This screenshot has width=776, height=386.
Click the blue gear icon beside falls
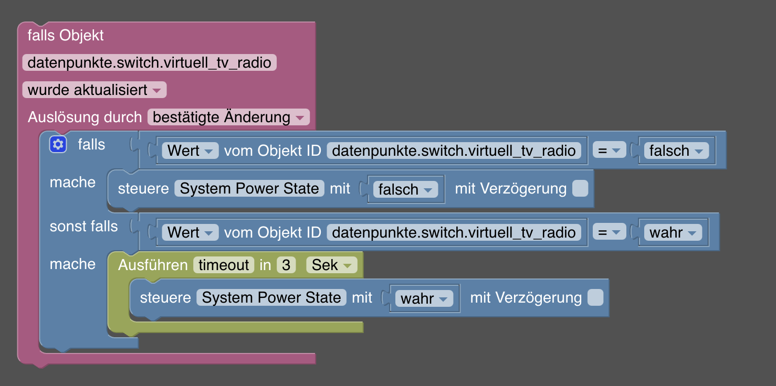[58, 145]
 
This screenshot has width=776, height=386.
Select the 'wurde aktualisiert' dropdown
[95, 90]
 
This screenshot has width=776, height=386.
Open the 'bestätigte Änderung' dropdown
[228, 117]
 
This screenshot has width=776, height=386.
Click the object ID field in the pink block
[149, 63]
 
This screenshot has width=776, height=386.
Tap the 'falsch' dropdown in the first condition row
[676, 151]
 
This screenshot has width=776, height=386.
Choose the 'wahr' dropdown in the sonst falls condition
[673, 232]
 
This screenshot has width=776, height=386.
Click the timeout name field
[224, 265]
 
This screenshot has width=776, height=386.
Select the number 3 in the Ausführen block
[286, 265]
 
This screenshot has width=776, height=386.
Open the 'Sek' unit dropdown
[331, 265]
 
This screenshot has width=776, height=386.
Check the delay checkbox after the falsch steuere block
[580, 189]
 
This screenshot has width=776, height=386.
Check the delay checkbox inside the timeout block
[595, 298]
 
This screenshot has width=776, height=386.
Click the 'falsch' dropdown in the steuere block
[405, 189]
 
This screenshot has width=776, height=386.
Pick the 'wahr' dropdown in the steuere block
[423, 298]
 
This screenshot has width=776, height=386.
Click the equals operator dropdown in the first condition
[609, 151]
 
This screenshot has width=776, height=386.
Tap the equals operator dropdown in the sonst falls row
[609, 232]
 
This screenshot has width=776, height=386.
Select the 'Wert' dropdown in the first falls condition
[190, 151]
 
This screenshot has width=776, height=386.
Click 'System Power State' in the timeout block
[271, 298]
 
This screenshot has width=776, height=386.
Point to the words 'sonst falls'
[83, 227]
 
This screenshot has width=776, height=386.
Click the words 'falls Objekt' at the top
[66, 36]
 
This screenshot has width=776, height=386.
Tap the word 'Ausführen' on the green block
[153, 265]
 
